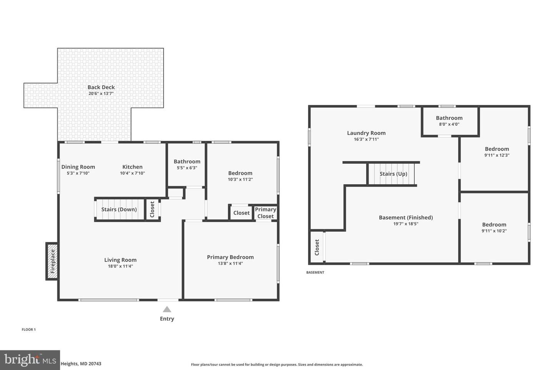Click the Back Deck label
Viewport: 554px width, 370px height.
click(101, 87)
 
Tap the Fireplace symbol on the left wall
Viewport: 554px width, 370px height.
click(52, 261)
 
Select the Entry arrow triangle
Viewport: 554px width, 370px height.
click(167, 309)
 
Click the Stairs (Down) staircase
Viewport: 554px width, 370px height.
click(119, 210)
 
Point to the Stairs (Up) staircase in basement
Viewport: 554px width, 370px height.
click(393, 174)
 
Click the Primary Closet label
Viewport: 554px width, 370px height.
click(265, 213)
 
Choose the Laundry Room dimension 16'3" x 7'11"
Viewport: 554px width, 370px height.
click(366, 140)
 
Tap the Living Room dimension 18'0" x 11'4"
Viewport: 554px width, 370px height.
click(120, 266)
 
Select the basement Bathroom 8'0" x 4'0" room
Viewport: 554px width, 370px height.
click(449, 121)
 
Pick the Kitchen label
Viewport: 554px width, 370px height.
click(132, 167)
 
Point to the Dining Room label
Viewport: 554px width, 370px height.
click(78, 167)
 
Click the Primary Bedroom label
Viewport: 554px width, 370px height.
click(230, 257)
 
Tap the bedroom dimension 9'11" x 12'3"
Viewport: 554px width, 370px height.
click(497, 155)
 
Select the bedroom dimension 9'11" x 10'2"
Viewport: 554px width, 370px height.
click(494, 231)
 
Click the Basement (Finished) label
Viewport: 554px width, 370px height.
click(406, 217)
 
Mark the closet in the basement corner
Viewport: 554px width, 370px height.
click(317, 247)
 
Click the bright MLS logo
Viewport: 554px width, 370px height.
click(30, 360)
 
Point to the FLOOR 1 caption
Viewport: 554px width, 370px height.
click(28, 330)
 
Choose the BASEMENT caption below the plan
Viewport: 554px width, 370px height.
click(315, 272)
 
